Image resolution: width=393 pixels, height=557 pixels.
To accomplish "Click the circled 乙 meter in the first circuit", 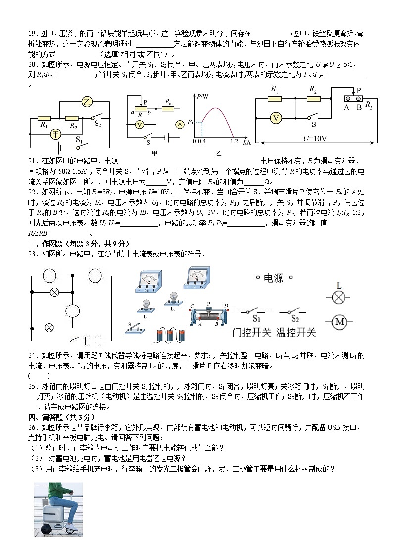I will (x=87, y=102).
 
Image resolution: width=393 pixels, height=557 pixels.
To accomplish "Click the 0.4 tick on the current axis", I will (x=201, y=142).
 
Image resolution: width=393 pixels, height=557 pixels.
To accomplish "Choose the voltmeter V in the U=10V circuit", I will (x=277, y=118).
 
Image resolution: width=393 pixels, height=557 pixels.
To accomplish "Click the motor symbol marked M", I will (x=339, y=321).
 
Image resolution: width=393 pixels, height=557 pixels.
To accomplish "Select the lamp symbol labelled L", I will (x=339, y=297).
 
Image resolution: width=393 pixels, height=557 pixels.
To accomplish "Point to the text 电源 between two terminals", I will (x=273, y=278).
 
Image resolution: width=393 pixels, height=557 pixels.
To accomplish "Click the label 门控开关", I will (x=251, y=332).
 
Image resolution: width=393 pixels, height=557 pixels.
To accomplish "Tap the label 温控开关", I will (x=295, y=332).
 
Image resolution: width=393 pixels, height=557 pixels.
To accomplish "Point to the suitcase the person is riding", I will (x=54, y=518).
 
